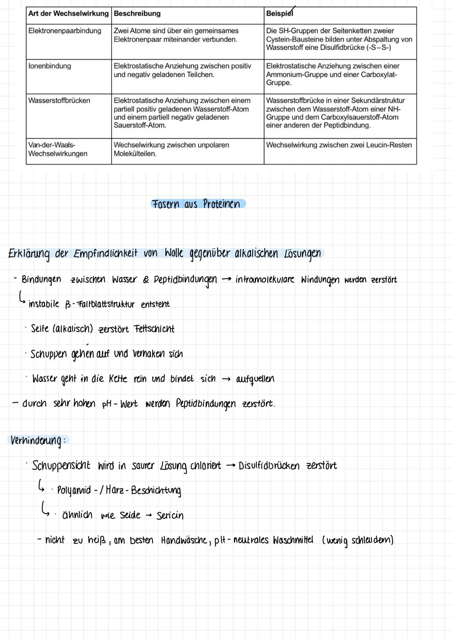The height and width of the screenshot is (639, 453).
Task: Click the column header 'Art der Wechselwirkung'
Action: [x=68, y=14]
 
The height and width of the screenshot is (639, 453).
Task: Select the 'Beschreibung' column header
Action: [x=137, y=14]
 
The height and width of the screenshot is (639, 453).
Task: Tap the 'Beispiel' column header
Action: [x=279, y=14]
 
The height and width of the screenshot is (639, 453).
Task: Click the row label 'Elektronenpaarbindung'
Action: [x=65, y=31]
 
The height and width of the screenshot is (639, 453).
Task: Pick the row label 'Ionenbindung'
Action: [x=49, y=66]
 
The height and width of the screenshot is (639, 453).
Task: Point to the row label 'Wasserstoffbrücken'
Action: [x=59, y=101]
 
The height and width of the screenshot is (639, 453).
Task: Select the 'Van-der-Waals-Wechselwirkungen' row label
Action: [x=58, y=150]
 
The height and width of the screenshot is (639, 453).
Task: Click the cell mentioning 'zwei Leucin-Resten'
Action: [x=339, y=145]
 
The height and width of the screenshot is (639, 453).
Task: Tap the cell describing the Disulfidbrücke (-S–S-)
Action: [x=339, y=39]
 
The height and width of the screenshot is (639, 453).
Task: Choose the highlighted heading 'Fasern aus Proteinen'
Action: [x=197, y=204]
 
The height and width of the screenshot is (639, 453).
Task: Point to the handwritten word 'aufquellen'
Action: [x=255, y=379]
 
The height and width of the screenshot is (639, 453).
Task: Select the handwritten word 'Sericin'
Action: [x=170, y=516]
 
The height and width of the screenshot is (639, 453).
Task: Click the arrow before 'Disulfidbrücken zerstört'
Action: [x=230, y=466]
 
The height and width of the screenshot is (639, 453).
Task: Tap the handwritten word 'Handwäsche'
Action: [x=184, y=541]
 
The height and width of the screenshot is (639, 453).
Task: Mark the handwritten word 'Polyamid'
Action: [x=74, y=490]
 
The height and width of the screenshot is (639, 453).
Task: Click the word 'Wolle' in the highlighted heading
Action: [x=174, y=254]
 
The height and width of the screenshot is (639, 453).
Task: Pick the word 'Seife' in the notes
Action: [x=40, y=329]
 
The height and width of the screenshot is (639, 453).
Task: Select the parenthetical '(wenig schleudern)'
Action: [x=357, y=541]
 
